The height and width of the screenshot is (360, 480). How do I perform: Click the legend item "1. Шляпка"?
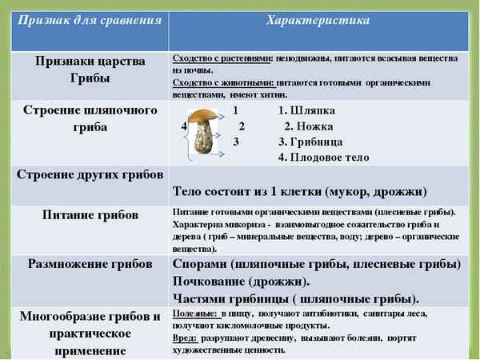tap(306, 110)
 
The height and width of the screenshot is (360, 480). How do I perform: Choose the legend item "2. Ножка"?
tap(309, 126)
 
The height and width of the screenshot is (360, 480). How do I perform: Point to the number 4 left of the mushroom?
tap(184, 126)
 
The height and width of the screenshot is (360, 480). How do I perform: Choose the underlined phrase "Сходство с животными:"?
tap(222, 82)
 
